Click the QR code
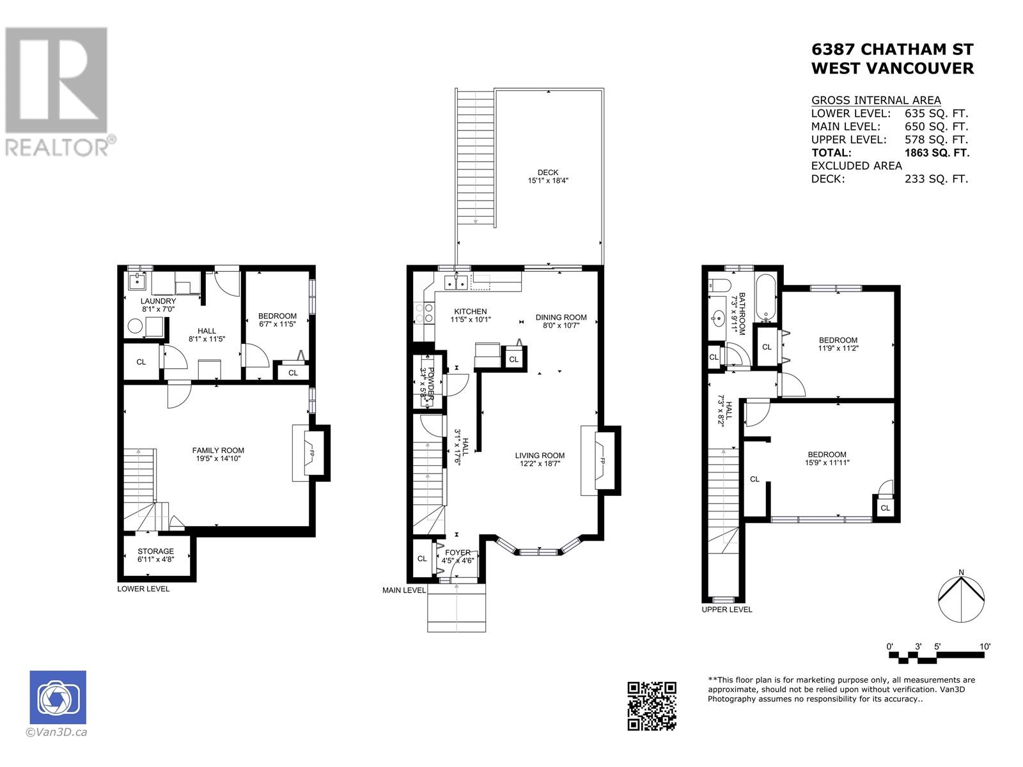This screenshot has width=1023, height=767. point(652,706)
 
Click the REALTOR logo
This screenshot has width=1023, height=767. point(59,91)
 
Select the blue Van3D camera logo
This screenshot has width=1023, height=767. point(58,697)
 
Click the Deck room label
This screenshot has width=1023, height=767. point(548,176)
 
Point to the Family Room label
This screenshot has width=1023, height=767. point(218,454)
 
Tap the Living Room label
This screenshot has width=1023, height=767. point(540,460)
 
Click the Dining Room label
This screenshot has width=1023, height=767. point(561,322)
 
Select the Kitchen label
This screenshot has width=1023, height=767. point(471,315)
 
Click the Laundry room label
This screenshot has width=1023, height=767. point(159,305)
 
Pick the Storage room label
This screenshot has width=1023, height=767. point(155,555)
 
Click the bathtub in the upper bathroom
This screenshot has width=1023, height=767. point(765,298)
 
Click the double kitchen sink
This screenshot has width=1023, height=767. point(455,283)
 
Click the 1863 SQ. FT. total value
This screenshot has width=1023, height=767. point(937,153)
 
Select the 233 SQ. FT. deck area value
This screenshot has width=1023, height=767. point(936,179)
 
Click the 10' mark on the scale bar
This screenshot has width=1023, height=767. point(985,646)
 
